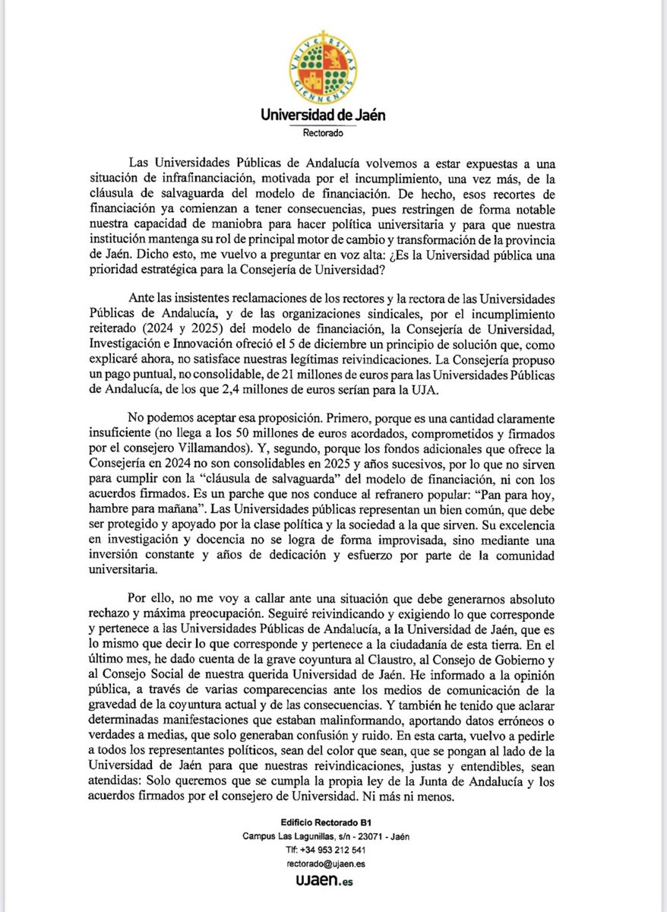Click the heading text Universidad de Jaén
323,116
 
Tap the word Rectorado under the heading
324,132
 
